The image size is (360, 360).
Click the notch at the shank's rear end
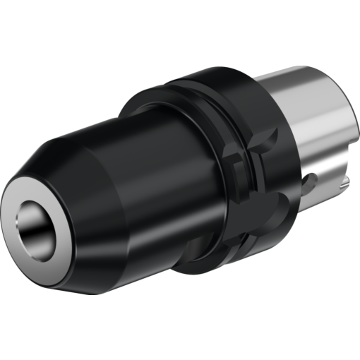point(344,185)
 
